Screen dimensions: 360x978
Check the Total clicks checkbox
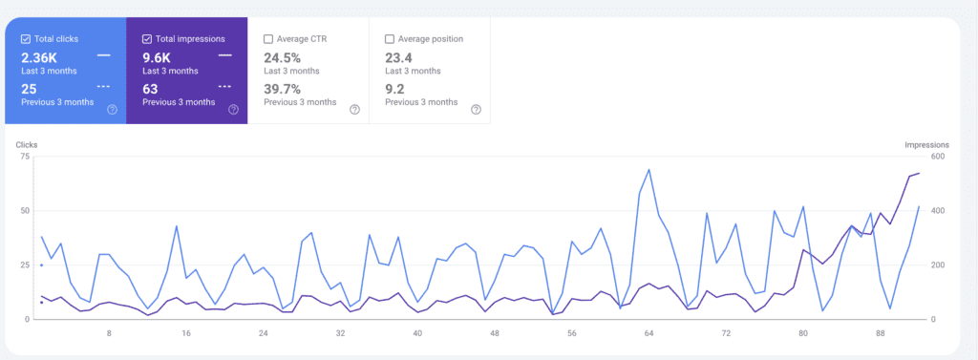pyautogui.click(x=25, y=39)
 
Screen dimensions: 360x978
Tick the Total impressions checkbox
pyautogui.click(x=147, y=39)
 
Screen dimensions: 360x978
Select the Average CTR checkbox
pyautogui.click(x=268, y=39)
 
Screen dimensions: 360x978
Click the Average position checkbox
pyautogui.click(x=390, y=39)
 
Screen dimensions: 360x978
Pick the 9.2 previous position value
pyautogui.click(x=394, y=89)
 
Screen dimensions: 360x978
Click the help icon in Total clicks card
pyautogui.click(x=112, y=110)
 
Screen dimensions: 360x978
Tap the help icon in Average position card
pyautogui.click(x=476, y=110)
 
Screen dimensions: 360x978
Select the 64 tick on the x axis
pyautogui.click(x=648, y=334)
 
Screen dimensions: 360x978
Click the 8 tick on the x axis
pyautogui.click(x=109, y=334)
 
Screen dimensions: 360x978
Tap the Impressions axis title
pyautogui.click(x=925, y=144)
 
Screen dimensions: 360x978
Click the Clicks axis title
pyautogui.click(x=27, y=144)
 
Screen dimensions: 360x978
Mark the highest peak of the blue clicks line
pyautogui.click(x=649, y=170)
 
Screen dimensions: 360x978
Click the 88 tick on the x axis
pyautogui.click(x=880, y=334)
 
